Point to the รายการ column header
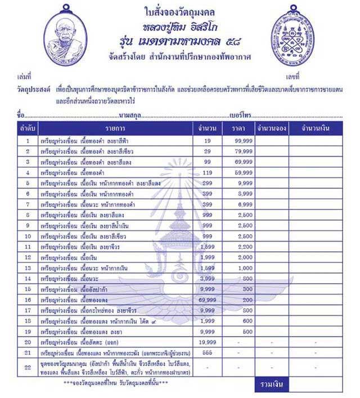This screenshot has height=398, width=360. [x=115, y=129]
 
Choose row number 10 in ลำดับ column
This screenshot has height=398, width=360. [x=27, y=236]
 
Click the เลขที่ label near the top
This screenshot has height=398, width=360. [x=293, y=75]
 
